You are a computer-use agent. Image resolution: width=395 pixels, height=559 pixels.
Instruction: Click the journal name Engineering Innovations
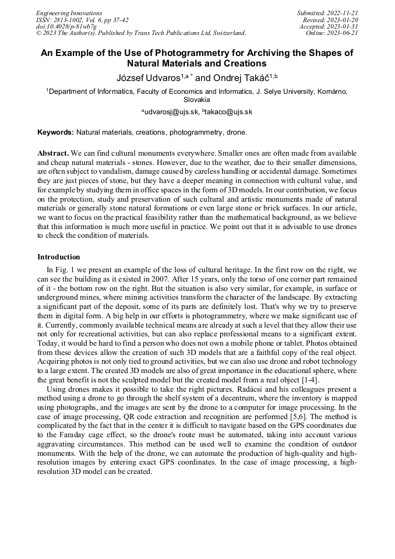click(69, 13)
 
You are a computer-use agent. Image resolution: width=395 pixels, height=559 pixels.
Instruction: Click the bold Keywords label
click(55, 132)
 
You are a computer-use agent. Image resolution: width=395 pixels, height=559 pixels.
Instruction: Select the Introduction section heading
click(59, 257)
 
